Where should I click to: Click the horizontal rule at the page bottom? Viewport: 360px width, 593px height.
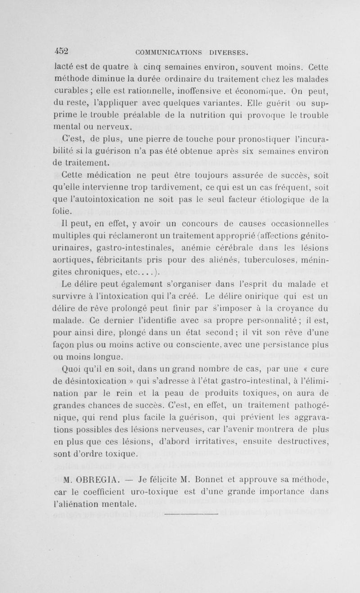(x=191, y=513)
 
